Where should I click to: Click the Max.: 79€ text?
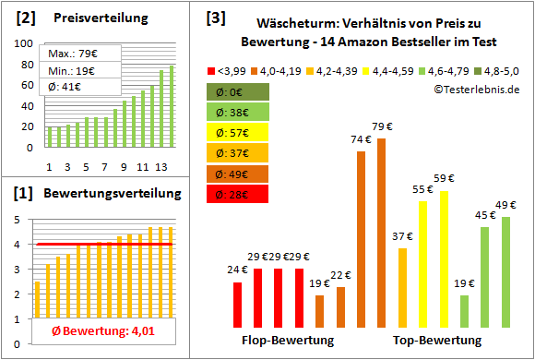pyautogui.click(x=77, y=54)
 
